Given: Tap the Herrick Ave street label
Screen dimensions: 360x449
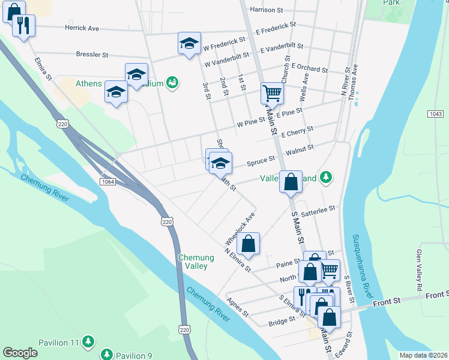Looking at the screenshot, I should [x=82, y=28].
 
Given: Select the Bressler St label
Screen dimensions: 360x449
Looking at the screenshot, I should [x=92, y=55].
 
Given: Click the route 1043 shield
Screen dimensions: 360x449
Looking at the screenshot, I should [x=436, y=113].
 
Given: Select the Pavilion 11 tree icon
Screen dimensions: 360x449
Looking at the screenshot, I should [x=88, y=342].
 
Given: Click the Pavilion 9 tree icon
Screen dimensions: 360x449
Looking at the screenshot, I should [x=107, y=355].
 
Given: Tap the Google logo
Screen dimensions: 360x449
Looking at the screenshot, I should [x=20, y=353].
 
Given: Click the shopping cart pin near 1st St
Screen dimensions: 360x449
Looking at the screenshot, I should [x=272, y=94].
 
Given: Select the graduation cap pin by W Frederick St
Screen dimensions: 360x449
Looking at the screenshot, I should [x=189, y=44].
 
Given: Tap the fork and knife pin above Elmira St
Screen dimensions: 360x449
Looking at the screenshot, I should [x=24, y=25].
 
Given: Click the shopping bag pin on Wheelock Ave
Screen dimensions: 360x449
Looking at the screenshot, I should [x=248, y=244].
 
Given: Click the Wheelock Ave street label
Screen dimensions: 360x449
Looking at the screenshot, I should [x=241, y=227].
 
